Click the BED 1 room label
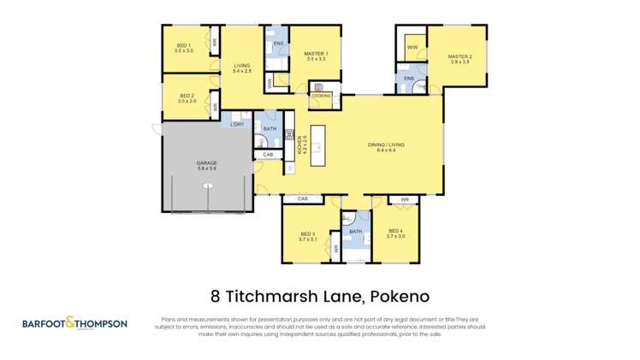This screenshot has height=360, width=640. pos(184,45)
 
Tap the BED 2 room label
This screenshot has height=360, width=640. pos(187,96)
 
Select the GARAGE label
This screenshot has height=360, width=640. pos(206,162)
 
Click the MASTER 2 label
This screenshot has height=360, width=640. pos(459,57)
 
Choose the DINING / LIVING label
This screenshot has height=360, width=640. pos(385,145)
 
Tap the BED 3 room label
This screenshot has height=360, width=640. pos(308,233)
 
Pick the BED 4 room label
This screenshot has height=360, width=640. pos(395,231)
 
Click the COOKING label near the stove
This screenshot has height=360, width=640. pos(320,96)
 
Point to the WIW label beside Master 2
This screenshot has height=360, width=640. pos(412,46)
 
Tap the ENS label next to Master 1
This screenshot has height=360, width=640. pos(278,43)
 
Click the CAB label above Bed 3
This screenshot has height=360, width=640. pos(302,198)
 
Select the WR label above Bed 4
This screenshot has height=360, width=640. pos(405,199)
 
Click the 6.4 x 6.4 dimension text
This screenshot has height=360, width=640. pos(385,150)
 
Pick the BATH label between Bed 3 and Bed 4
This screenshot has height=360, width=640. pos(355,231)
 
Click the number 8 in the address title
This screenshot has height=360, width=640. pos(216,297)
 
